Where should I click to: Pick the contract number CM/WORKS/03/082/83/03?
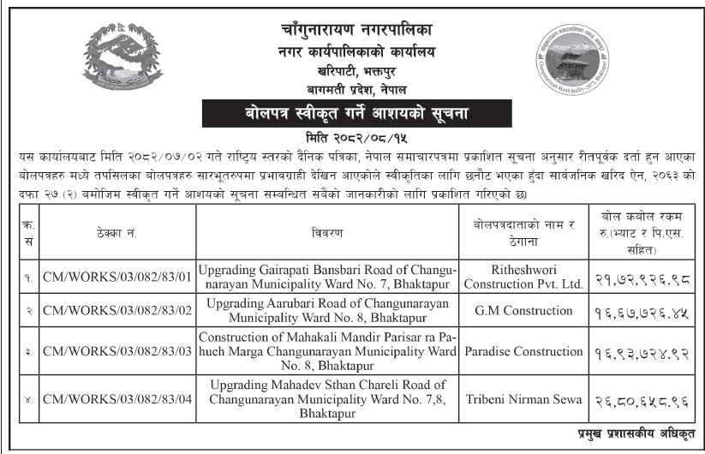point(118,351)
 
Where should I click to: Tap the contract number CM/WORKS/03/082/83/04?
point(118,399)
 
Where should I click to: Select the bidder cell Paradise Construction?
point(525,351)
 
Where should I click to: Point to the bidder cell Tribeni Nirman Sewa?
point(525,399)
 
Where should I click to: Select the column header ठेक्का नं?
point(118,232)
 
